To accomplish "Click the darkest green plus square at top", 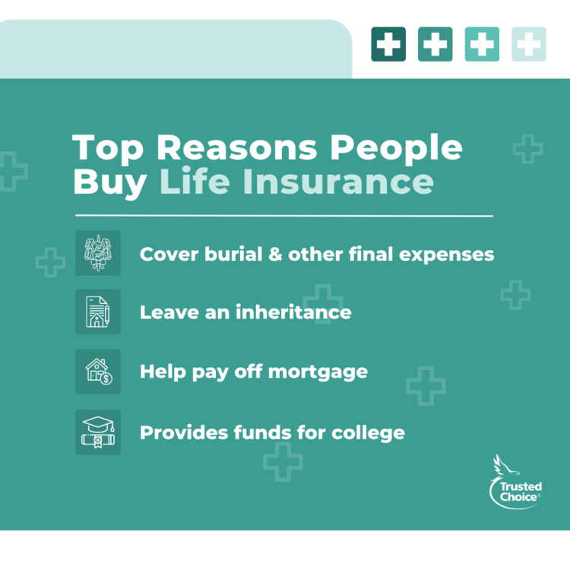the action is pos(388,44).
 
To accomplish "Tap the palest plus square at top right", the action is pos(529,44).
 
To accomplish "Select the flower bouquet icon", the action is pos(98,253).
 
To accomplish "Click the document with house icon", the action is pos(97,312).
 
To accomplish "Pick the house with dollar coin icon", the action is pos(99,372).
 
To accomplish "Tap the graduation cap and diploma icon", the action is pos(98,432).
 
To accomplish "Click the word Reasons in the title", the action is pos(237,147).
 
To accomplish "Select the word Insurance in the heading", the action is pos(338,181).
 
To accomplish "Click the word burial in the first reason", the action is pos(233,254).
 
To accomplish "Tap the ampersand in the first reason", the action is pos(275,254).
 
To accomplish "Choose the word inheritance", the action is pos(293,312).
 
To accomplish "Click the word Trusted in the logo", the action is pos(521,486).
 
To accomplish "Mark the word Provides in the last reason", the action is pos(184,432).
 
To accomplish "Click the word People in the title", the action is pos(395,149).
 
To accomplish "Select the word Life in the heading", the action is pos(195,181).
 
